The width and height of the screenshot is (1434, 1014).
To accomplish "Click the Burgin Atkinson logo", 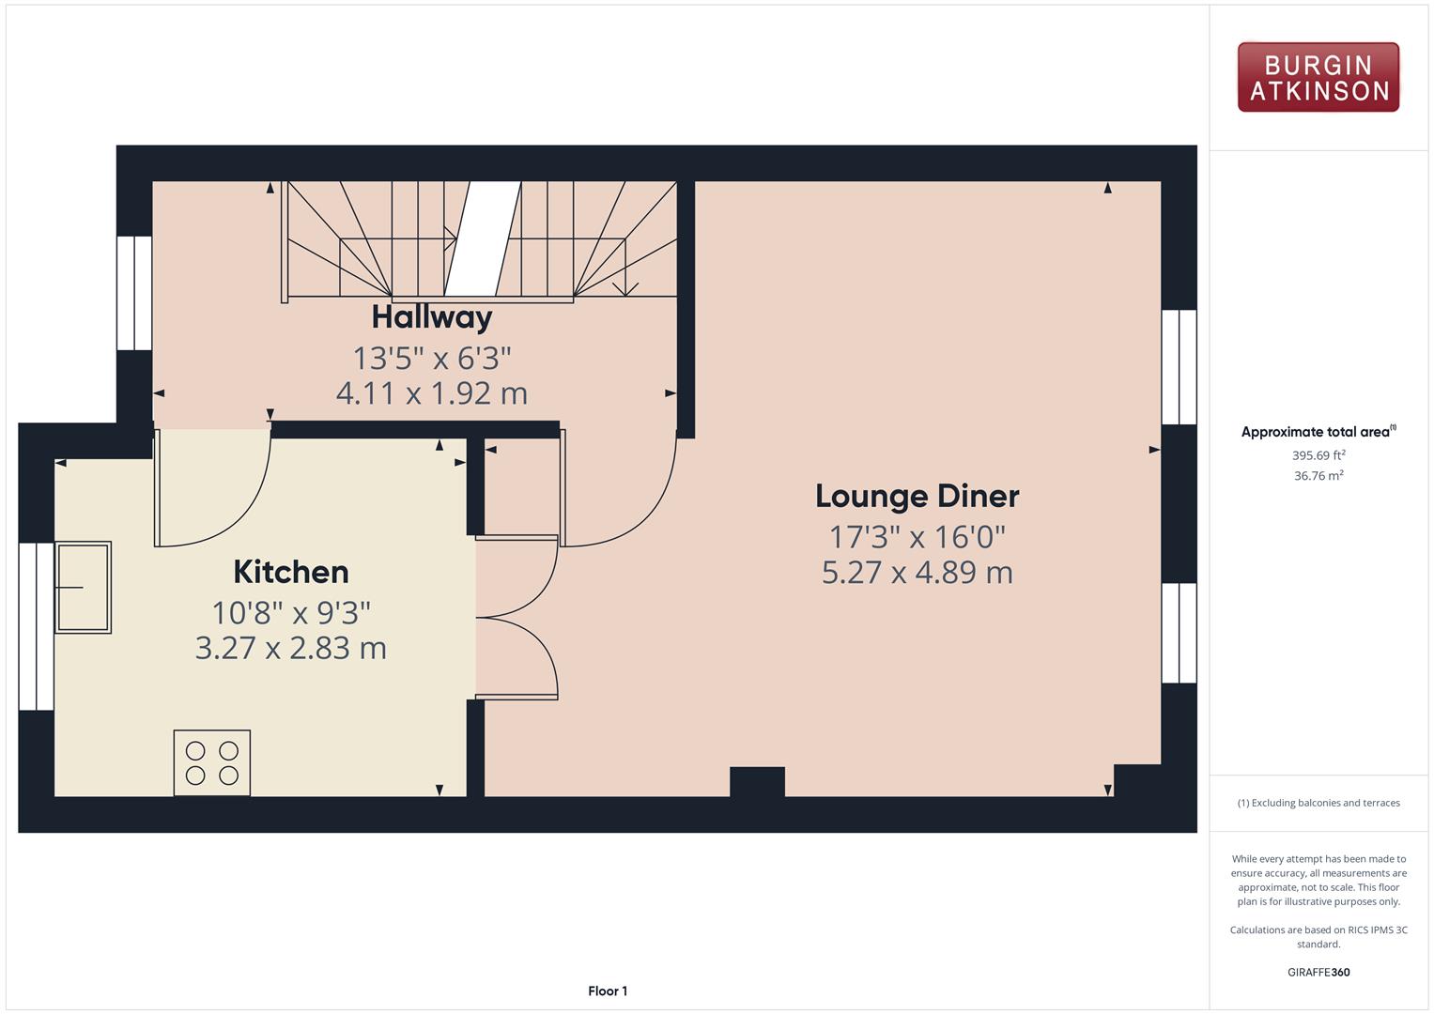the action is point(1318,77).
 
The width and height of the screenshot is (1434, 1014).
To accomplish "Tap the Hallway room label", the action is point(432,317).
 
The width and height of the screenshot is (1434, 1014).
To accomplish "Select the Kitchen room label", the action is point(290,572).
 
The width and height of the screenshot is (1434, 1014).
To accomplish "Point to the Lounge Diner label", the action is point(917,496).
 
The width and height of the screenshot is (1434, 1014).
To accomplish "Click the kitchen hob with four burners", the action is point(212,763).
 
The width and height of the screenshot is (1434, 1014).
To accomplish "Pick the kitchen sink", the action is point(84,588).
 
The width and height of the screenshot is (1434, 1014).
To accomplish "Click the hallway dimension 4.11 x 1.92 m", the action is point(432,393).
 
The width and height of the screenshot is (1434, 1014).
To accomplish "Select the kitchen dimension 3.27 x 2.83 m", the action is point(290,648).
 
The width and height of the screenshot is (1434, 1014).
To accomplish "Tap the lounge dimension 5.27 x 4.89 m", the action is point(917,573).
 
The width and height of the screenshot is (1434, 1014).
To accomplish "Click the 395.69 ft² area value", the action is point(1318,455).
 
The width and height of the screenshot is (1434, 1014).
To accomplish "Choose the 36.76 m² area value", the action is point(1318,476).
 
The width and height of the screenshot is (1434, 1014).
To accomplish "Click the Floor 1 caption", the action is point(608,991).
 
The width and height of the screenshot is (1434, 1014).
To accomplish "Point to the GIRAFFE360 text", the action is point(1318,972).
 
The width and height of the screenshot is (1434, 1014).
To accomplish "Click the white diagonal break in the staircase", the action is point(483,238).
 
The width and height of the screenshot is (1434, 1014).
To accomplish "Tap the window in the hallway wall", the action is point(134,293).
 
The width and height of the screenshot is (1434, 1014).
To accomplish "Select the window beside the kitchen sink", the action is point(37,627).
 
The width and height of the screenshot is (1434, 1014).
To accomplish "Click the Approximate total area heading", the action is point(1318,432).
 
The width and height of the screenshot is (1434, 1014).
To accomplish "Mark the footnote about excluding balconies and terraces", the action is point(1318,803).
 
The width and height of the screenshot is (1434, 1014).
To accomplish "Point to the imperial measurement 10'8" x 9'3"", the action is point(290,612).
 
